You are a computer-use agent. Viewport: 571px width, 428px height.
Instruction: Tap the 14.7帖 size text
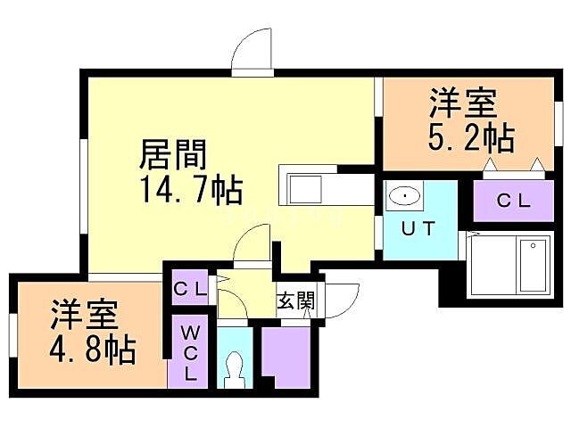tap(190, 190)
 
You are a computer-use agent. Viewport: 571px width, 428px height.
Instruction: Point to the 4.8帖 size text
tap(93, 349)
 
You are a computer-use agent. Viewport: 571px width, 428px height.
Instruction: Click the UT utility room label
tap(418, 227)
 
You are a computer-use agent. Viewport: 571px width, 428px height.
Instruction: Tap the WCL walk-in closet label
tap(190, 352)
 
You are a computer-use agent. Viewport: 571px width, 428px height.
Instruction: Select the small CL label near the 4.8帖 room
tap(190, 289)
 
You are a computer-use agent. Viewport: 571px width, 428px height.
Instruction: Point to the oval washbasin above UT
tap(406, 195)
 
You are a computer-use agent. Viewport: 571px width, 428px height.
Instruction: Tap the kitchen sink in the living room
tap(305, 190)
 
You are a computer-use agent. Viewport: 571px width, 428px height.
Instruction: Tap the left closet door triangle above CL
tap(490, 165)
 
